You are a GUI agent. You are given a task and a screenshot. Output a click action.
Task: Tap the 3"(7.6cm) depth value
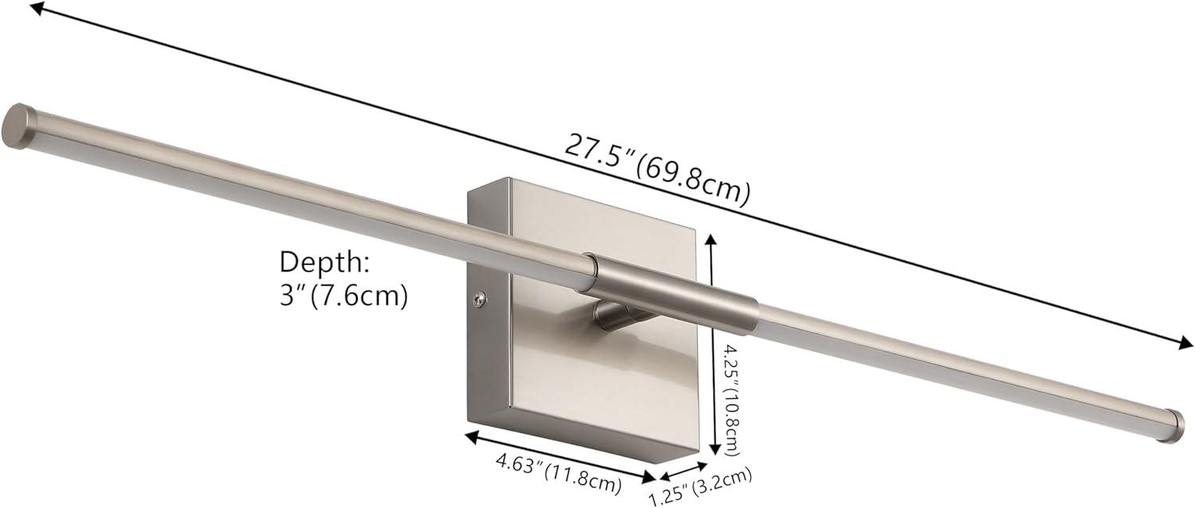tap(343, 296)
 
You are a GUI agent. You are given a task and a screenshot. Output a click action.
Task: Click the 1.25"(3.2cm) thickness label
tap(701, 487)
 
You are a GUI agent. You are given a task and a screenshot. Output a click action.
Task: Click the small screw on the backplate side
tap(477, 299)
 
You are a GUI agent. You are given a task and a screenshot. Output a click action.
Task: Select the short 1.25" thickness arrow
tap(682, 471)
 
